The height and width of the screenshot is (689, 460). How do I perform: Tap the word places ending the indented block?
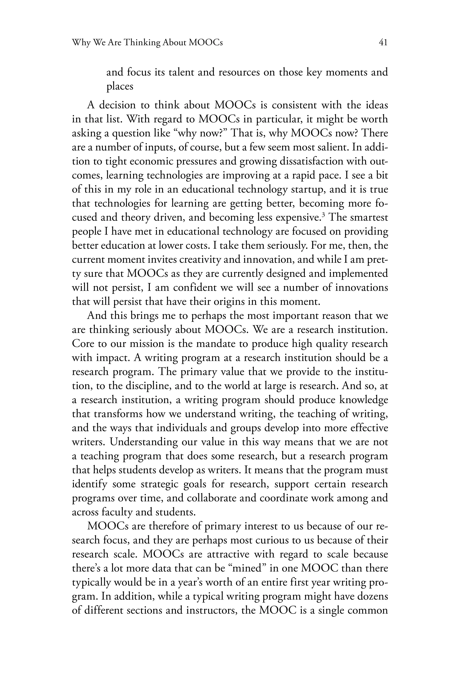[120, 87]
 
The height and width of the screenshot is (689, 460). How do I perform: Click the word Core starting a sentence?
[83, 344]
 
